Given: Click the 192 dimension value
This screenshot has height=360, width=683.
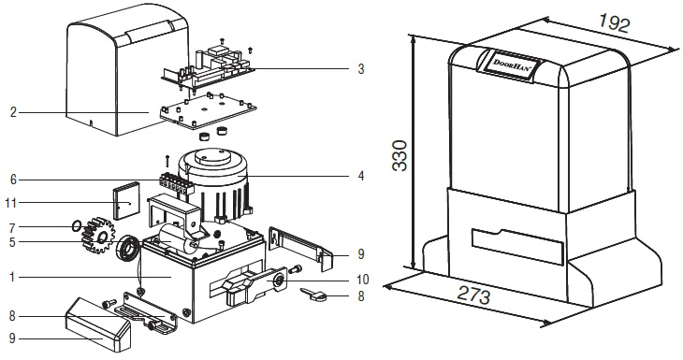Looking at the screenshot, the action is click(x=614, y=22).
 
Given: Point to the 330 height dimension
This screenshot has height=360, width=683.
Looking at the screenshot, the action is click(x=400, y=155).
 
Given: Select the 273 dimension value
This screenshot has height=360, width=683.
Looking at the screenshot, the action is click(x=473, y=295).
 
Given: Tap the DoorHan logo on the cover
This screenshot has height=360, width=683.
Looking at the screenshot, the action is click(x=511, y=65).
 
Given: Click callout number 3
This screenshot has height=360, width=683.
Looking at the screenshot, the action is click(x=360, y=69).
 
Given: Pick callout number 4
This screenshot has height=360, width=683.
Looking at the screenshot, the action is click(x=360, y=176).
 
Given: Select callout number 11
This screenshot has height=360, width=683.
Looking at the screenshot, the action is click(x=11, y=202).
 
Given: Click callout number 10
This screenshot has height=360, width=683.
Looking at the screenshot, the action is click(x=362, y=279).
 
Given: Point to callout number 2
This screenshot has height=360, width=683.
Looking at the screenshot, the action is click(x=13, y=112).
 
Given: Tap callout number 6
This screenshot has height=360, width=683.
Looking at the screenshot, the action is click(x=13, y=180).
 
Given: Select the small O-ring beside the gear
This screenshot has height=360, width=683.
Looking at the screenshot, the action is click(x=77, y=225).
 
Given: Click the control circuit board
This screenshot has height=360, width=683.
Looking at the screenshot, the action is click(x=208, y=65).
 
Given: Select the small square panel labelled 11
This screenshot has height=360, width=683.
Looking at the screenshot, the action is click(x=126, y=201).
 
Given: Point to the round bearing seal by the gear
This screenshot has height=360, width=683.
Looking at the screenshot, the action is click(x=127, y=249).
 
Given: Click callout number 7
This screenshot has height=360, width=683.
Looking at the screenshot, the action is click(x=12, y=227).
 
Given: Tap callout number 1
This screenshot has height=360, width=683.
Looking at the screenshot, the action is click(x=12, y=277).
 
